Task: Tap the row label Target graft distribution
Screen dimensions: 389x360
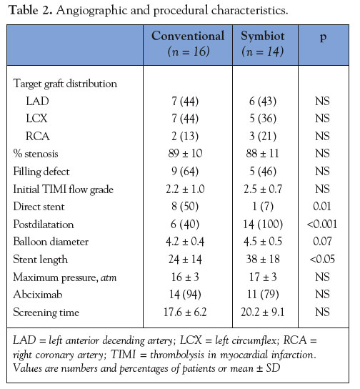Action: coord(65,84)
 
